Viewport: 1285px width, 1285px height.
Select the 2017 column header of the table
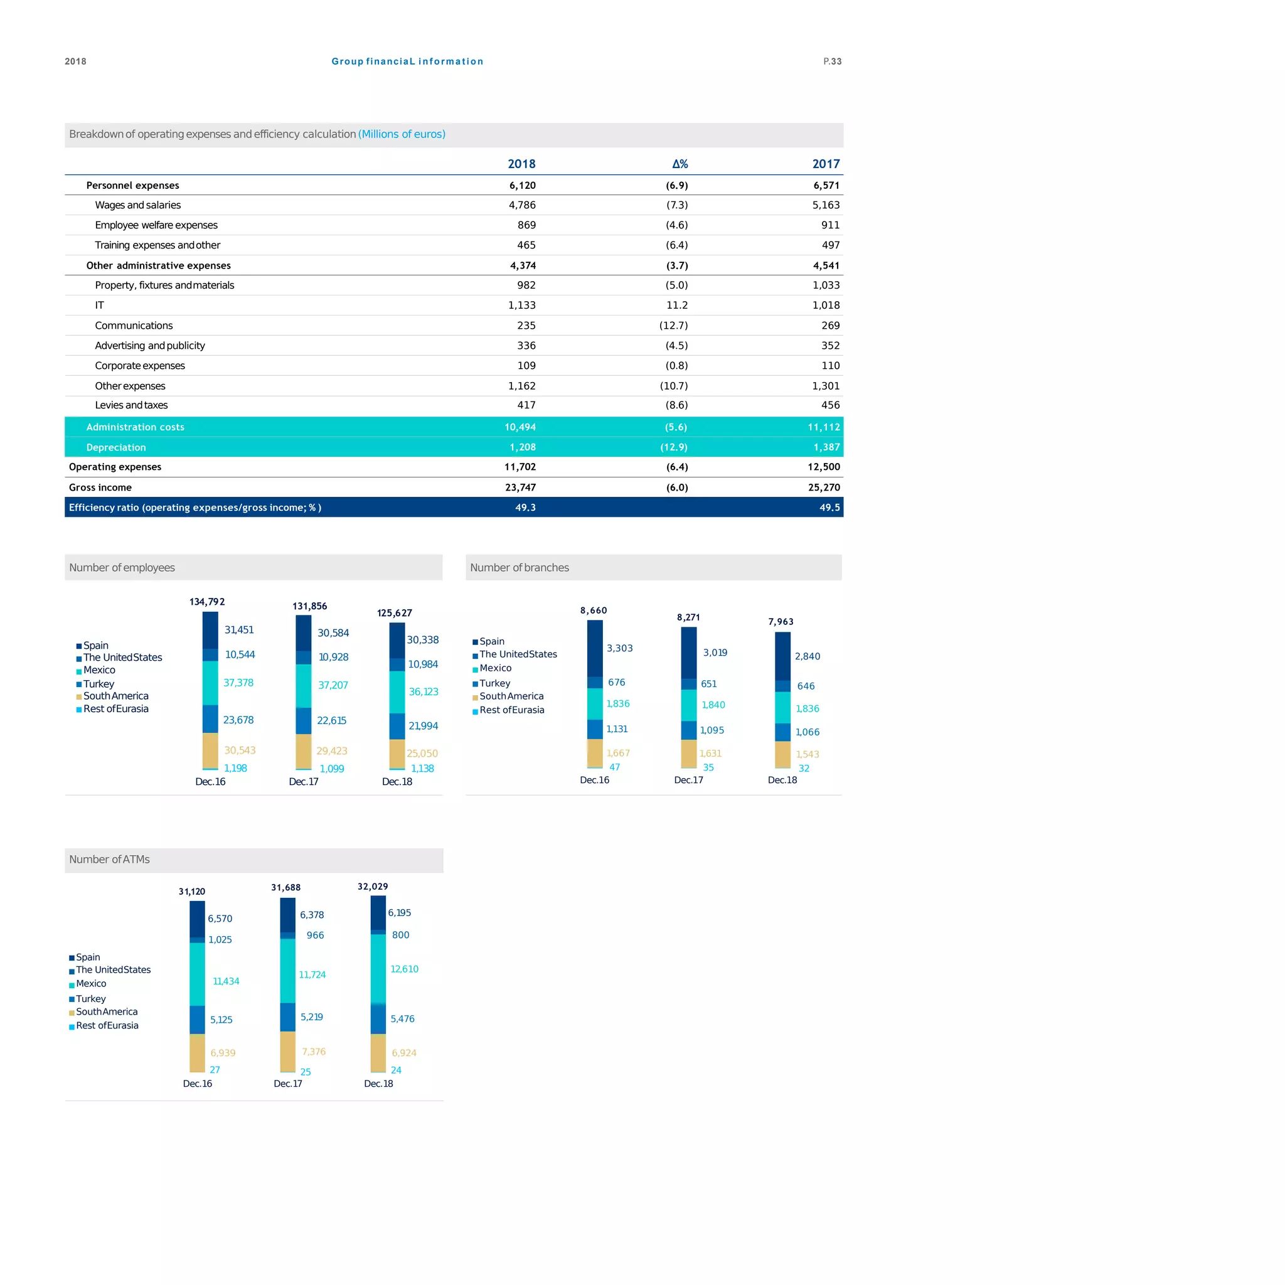[x=826, y=164]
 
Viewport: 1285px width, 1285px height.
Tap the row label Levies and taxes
[x=131, y=405]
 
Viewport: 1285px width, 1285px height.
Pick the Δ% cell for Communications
[x=673, y=325]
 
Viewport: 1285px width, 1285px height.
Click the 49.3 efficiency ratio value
[x=525, y=508]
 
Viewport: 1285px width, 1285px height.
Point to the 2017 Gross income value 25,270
[x=823, y=488]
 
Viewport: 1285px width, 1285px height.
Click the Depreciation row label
[x=115, y=447]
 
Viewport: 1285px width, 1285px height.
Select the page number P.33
[x=832, y=61]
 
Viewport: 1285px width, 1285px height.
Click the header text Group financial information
[x=407, y=61]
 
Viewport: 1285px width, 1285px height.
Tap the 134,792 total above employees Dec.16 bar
[x=207, y=602]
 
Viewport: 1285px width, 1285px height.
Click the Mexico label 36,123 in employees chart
[x=423, y=691]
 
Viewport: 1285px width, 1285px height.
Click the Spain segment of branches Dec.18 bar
[x=782, y=655]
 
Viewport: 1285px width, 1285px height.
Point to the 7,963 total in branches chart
[x=780, y=622]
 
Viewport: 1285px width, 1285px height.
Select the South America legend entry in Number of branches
[x=511, y=696]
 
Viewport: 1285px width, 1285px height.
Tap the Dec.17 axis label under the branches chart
[x=688, y=780]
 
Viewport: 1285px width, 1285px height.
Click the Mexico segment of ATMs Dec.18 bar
[x=378, y=968]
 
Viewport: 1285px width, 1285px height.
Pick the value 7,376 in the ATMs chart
[x=313, y=1052]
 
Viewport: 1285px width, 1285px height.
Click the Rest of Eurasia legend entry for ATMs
[x=107, y=1026]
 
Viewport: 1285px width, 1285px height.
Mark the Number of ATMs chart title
[x=109, y=860]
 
